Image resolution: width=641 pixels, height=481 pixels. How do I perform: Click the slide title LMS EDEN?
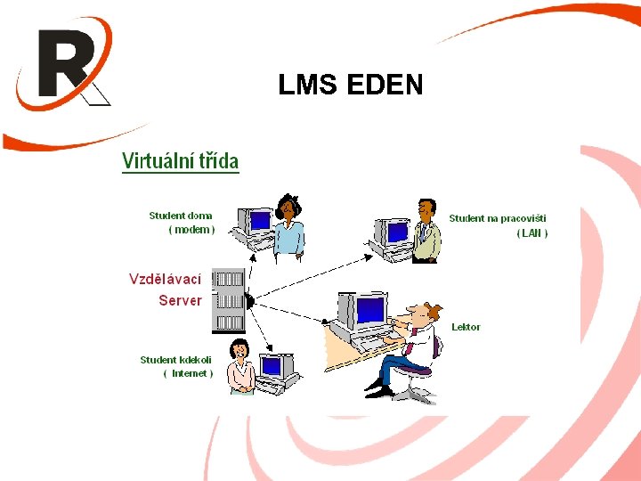pyautogui.click(x=350, y=85)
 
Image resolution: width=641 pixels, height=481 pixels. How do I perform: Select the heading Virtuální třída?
pyautogui.click(x=180, y=161)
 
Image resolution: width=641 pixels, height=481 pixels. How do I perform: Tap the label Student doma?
pyautogui.click(x=181, y=216)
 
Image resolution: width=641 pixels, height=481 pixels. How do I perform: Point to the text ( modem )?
pyautogui.click(x=191, y=230)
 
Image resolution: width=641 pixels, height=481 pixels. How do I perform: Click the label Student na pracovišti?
pyautogui.click(x=498, y=218)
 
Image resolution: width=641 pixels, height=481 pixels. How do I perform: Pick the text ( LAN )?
pyautogui.click(x=532, y=233)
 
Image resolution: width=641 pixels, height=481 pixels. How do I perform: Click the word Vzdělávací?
pyautogui.click(x=166, y=279)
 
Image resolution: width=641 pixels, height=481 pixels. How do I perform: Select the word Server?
pyautogui.click(x=180, y=300)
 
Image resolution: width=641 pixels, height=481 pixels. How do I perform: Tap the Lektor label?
pyautogui.click(x=466, y=327)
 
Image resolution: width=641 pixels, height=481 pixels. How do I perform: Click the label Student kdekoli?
pyautogui.click(x=176, y=360)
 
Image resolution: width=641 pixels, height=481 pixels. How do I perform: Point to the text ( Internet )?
pyautogui.click(x=189, y=374)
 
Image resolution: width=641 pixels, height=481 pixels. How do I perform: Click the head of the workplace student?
pyautogui.click(x=426, y=211)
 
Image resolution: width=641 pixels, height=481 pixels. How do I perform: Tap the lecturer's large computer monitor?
pyautogui.click(x=368, y=311)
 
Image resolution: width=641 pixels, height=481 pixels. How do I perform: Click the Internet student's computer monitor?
pyautogui.click(x=271, y=367)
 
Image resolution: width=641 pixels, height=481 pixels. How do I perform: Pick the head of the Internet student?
pyautogui.click(x=238, y=349)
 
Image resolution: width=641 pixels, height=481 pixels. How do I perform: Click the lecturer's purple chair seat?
pyautogui.click(x=413, y=370)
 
